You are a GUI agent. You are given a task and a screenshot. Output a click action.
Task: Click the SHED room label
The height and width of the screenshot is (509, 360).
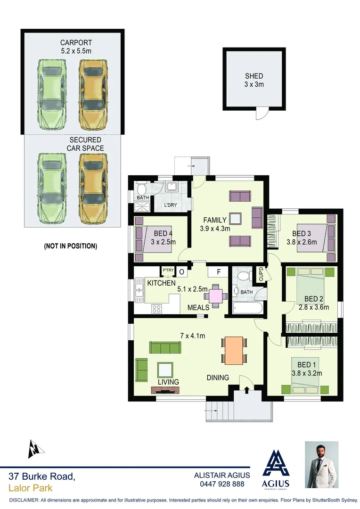click(x=254, y=80)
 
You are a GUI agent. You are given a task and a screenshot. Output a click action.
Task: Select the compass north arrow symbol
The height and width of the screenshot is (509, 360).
click(x=34, y=449)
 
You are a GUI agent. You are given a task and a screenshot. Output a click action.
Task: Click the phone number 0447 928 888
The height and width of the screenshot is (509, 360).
click(x=222, y=484)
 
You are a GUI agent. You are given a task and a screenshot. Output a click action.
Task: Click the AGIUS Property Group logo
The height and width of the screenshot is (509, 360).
click(x=276, y=469)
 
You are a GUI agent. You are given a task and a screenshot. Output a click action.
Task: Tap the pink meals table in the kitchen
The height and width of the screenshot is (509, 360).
click(x=215, y=296)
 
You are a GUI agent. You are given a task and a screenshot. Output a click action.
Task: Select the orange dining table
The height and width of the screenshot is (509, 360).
click(x=234, y=350)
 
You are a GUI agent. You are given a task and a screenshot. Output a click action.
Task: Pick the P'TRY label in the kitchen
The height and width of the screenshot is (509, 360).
click(x=168, y=270)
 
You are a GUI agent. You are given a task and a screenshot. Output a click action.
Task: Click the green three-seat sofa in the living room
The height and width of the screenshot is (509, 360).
click(x=165, y=348)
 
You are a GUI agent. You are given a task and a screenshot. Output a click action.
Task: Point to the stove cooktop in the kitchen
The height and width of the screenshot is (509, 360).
click(x=156, y=309)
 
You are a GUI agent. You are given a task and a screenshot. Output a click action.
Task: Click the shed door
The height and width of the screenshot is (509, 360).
click(x=262, y=113)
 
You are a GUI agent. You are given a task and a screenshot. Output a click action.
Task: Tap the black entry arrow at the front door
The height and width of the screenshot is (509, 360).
click(x=246, y=389)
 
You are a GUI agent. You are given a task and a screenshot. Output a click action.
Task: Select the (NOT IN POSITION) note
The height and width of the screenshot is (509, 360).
click(x=70, y=246)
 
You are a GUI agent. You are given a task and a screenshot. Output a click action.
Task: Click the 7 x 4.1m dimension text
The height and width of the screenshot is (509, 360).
click(x=192, y=336)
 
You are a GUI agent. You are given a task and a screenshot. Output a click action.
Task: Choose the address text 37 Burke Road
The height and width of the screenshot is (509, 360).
click(x=41, y=477)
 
